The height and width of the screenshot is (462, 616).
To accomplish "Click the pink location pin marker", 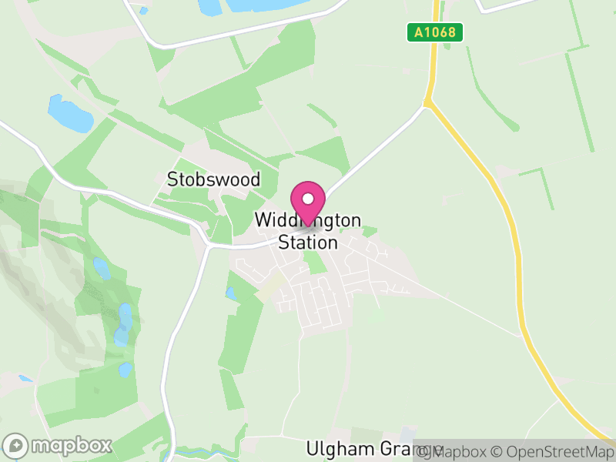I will click(308, 203).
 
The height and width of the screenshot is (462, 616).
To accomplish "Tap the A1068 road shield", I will click(434, 32).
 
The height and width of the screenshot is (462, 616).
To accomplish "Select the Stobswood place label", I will click(213, 179).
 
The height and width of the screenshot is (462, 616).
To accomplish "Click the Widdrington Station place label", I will click(307, 231).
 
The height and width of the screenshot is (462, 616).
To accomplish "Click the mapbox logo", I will click(58, 445).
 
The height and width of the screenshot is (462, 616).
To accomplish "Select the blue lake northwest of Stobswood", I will click(69, 113).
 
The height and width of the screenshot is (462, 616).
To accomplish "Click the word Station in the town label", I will click(307, 243).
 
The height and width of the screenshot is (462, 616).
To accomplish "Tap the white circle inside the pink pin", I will click(308, 198).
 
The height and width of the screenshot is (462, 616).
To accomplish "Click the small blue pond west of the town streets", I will click(230, 293).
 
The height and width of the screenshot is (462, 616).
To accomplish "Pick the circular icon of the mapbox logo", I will click(16, 445).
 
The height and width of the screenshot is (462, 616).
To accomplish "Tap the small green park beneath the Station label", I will click(313, 262).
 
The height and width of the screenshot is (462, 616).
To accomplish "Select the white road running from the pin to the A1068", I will click(370, 154).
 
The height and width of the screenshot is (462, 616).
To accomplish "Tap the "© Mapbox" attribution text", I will click(461, 452).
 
